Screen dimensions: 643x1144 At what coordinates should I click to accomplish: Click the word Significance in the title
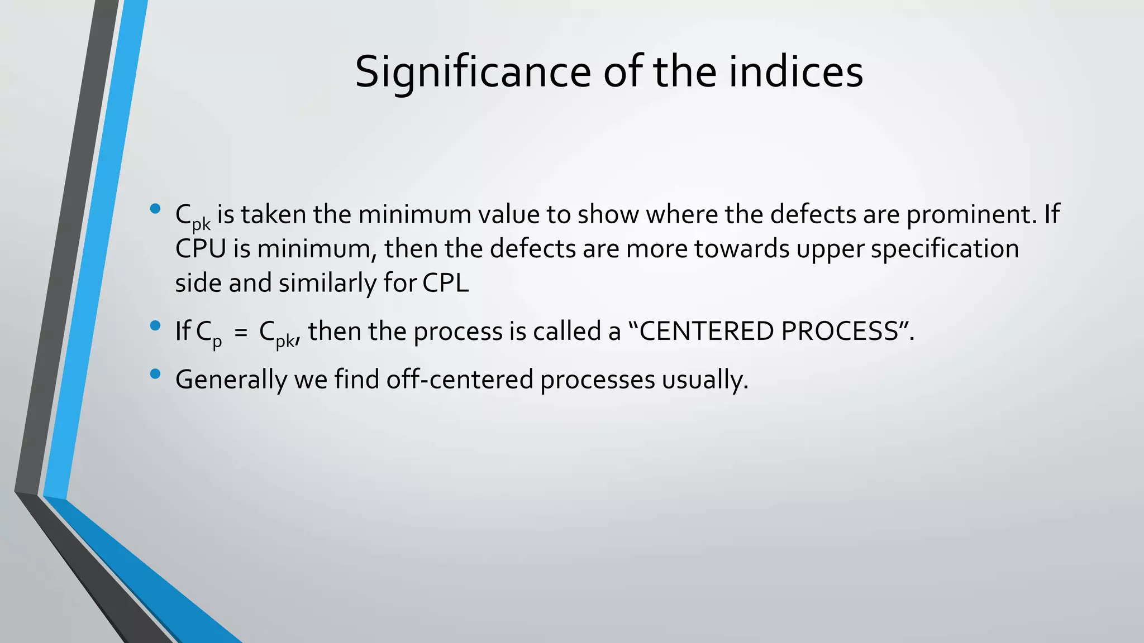pyautogui.click(x=473, y=73)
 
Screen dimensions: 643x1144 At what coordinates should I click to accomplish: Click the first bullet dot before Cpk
pyautogui.click(x=155, y=210)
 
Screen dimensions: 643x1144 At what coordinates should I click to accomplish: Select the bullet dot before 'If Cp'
pyautogui.click(x=155, y=326)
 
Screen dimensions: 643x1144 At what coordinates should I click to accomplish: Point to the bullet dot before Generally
pyautogui.click(x=155, y=374)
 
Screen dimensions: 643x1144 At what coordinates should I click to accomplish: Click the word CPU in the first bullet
pyautogui.click(x=201, y=249)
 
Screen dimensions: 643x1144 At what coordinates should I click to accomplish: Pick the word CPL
pyautogui.click(x=445, y=283)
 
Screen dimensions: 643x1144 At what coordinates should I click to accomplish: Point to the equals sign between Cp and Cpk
pyautogui.click(x=240, y=332)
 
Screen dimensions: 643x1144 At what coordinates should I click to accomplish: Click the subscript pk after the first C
pyautogui.click(x=201, y=224)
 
